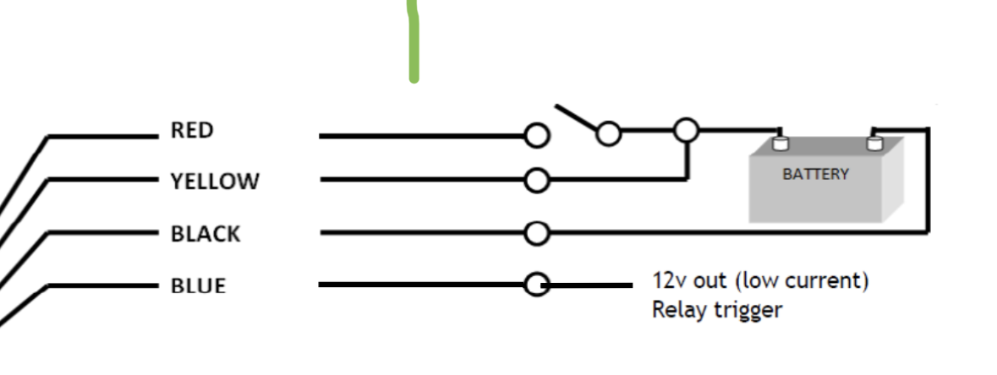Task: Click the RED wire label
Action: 191,131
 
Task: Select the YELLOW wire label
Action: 215,182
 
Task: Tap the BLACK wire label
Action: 205,233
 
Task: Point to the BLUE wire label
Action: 199,285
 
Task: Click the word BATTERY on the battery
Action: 815,175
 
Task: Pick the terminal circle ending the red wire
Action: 537,135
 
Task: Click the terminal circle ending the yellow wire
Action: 536,180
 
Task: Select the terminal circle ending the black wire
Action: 536,232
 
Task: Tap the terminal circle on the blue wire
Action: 536,285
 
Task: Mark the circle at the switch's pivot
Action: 608,133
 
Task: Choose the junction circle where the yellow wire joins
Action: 686,130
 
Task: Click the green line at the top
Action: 414,42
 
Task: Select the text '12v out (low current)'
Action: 759,280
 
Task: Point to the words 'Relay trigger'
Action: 716,310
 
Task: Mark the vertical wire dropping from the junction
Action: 686,160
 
